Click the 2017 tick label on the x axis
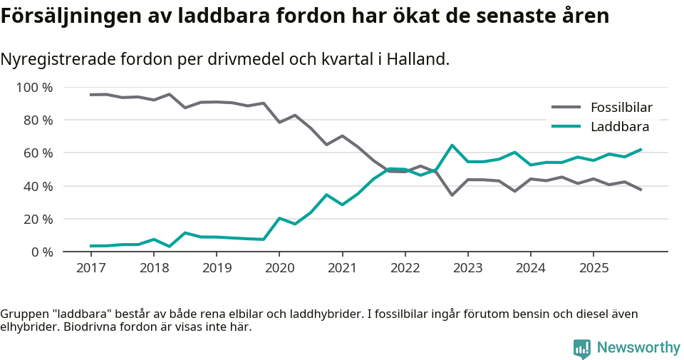click(90, 268)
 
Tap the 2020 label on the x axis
click(279, 268)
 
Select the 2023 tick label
click(468, 268)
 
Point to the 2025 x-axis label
click(594, 268)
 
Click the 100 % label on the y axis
click(35, 88)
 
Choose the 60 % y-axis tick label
click(38, 153)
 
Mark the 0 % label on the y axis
click(41, 252)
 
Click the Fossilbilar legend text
click(621, 108)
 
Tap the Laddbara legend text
click(619, 127)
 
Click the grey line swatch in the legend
click(566, 108)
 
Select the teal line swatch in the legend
click(566, 127)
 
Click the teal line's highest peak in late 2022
click(452, 145)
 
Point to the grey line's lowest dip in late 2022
click(452, 195)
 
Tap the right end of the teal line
click(641, 150)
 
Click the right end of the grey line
click(641, 190)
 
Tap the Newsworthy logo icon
click(582, 348)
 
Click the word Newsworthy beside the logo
click(638, 348)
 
